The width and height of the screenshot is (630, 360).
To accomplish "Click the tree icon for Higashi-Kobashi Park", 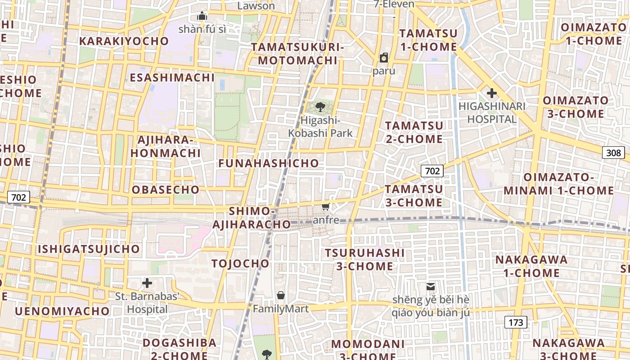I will tap(320, 107).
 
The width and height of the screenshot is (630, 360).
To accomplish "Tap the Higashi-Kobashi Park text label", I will tap(320, 127).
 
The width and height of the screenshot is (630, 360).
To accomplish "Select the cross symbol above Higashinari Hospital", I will tap(492, 94).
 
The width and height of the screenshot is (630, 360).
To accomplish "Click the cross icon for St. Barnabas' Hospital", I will tap(147, 283).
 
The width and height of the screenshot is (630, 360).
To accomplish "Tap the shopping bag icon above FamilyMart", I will tap(281, 296).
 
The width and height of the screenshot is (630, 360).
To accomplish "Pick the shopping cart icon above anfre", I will tap(326, 207).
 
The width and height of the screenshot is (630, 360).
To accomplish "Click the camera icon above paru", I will tap(384, 58).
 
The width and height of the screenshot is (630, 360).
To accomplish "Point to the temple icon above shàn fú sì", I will tap(202, 16).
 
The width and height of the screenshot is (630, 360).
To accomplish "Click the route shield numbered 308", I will tap(614, 153).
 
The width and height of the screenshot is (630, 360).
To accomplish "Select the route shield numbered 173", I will tap(516, 322).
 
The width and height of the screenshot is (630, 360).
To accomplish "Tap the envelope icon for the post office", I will tap(431, 286).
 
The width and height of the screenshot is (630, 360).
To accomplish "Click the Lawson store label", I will tap(256, 6).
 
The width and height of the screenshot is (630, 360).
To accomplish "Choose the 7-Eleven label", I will tap(394, 4).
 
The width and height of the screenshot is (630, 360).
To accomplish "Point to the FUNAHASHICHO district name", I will tap(269, 163).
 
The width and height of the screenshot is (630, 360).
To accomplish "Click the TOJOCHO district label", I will tap(240, 264).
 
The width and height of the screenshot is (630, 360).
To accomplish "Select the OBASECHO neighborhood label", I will tap(166, 190).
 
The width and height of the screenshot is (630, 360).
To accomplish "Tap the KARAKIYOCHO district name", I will tap(124, 41).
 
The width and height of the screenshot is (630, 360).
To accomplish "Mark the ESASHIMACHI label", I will tap(172, 78).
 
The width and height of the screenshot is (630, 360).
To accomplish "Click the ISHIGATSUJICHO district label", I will tap(89, 249).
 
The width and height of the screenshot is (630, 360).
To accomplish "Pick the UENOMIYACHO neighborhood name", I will tap(62, 311).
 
